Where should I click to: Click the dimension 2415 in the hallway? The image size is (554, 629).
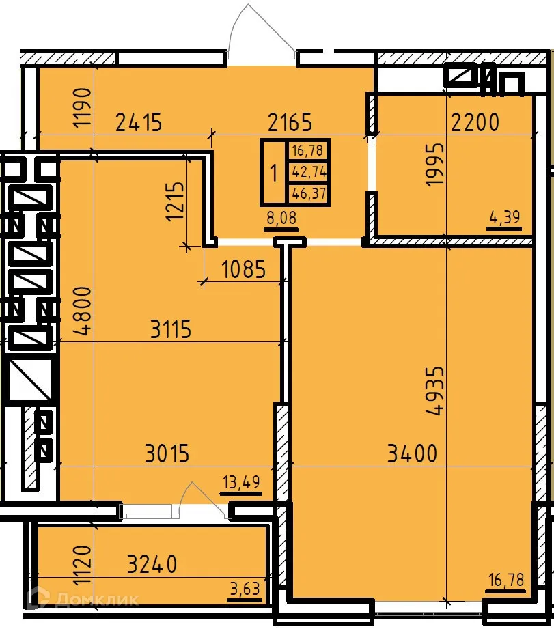tap(139, 123)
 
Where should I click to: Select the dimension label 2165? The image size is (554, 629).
tap(290, 123)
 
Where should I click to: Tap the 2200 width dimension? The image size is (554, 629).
tap(475, 123)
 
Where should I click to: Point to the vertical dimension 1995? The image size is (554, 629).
tap(434, 165)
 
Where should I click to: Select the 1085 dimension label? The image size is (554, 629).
tap(243, 270)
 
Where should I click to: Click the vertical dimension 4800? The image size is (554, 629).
tap(82, 311)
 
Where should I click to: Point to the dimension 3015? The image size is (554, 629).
tap(167, 453)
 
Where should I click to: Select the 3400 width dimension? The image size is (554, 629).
tap(411, 453)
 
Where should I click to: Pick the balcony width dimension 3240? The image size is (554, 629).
tap(152, 564)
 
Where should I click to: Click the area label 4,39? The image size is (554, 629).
tap(505, 218)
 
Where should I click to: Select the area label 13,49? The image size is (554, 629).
tap(240, 483)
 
